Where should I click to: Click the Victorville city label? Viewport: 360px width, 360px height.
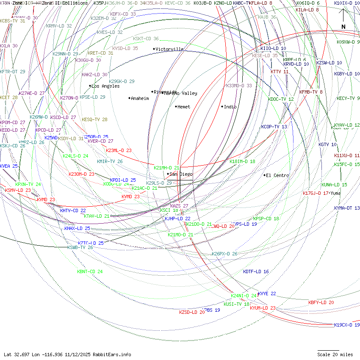click(x=169, y=49)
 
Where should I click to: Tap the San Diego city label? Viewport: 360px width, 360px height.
click(x=181, y=174)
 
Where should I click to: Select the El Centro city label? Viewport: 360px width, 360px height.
click(x=277, y=175)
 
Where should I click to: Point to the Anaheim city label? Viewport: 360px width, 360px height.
click(x=140, y=98)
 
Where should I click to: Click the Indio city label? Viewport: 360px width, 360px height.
click(x=230, y=107)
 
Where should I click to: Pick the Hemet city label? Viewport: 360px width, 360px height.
click(x=184, y=107)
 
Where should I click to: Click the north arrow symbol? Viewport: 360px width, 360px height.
click(x=343, y=19)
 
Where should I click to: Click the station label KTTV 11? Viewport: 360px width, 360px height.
click(x=280, y=72)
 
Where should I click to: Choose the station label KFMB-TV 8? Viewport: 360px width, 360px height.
click(x=311, y=92)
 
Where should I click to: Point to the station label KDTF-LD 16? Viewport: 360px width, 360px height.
click(x=256, y=271)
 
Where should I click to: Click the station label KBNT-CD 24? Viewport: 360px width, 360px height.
click(x=90, y=271)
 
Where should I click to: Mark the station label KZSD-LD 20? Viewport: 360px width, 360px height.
click(x=192, y=312)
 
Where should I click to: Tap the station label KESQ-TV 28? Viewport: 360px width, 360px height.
click(x=94, y=119)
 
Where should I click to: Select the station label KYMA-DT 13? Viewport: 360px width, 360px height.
click(x=346, y=208)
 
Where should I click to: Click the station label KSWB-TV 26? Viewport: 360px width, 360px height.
click(x=80, y=247)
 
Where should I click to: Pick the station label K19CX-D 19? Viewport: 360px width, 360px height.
click(x=346, y=325)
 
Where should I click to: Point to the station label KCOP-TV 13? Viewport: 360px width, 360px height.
click(x=274, y=127)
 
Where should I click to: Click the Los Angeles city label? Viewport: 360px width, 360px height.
click(x=105, y=86)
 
